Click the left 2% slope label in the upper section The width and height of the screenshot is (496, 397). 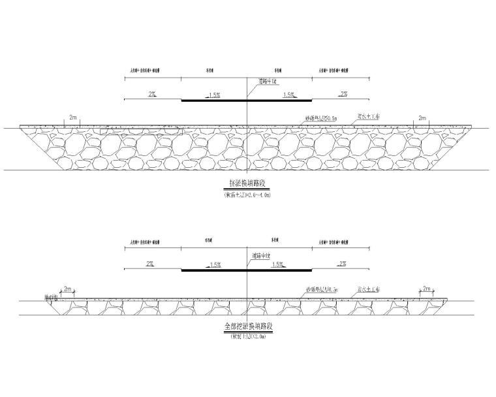[x=151, y=95]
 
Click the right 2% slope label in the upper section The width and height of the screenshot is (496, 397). [x=342, y=95]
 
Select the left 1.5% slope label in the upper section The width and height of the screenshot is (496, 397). [x=213, y=95]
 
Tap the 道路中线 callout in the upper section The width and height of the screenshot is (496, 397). [x=268, y=82]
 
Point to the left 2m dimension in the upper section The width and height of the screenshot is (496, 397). [x=74, y=118]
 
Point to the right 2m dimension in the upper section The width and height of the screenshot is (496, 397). [x=422, y=118]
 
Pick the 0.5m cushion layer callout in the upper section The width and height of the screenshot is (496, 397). [x=321, y=118]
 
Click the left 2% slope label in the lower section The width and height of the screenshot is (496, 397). [x=150, y=264]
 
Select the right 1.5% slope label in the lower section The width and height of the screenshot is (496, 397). [x=278, y=264]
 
